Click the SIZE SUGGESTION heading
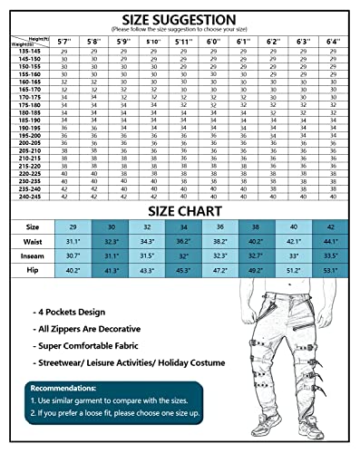pyautogui.click(x=180, y=19)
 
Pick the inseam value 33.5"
pyautogui.click(x=330, y=255)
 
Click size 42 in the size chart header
pyautogui.click(x=330, y=227)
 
